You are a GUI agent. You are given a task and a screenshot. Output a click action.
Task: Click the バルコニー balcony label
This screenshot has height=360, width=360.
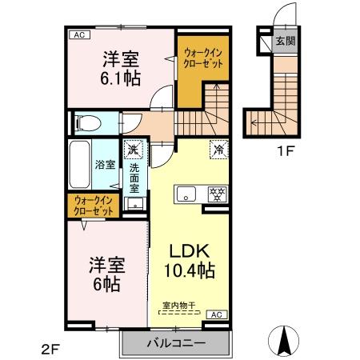pos(175,343)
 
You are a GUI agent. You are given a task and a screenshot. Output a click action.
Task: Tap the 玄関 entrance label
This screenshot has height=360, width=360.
pos(286,40)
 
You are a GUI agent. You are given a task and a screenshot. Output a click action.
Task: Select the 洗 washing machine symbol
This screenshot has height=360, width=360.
pos(133,149)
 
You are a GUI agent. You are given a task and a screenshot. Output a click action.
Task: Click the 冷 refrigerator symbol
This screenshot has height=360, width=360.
pos(217,148)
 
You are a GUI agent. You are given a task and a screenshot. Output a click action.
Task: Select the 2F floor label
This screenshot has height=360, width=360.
pos(50,349)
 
